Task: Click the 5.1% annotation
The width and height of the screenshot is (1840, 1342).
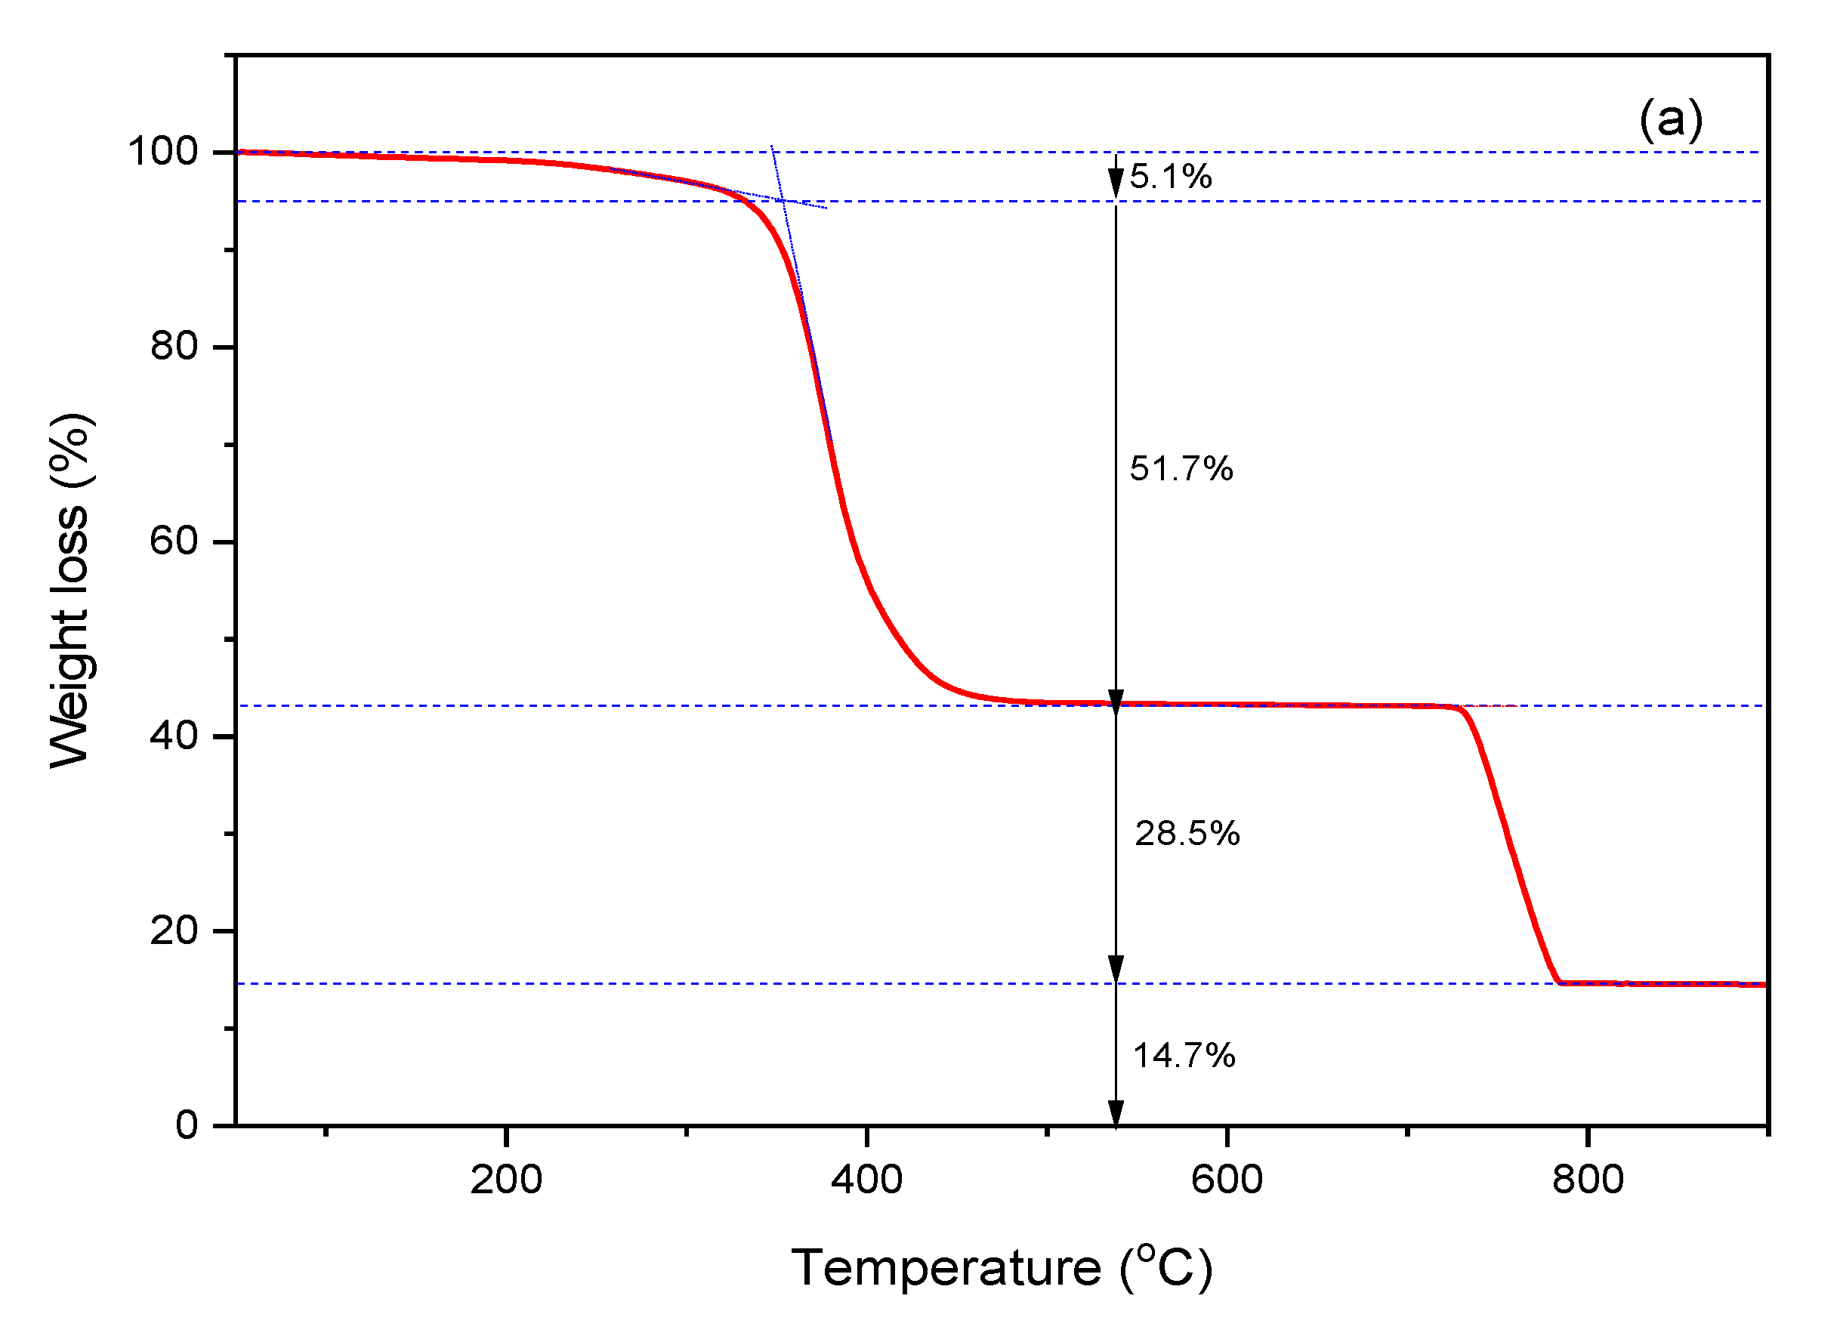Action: pyautogui.click(x=1170, y=177)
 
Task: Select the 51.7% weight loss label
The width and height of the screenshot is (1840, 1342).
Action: pyautogui.click(x=1181, y=470)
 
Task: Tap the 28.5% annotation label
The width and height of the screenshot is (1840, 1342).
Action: pyautogui.click(x=1186, y=835)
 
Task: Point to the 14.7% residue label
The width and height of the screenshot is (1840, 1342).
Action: pyautogui.click(x=1183, y=1056)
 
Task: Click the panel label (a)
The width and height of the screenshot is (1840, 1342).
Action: pyautogui.click(x=1670, y=120)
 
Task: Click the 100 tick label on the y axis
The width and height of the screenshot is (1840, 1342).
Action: pyautogui.click(x=162, y=152)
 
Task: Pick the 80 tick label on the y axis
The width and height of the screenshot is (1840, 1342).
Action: pyautogui.click(x=174, y=347)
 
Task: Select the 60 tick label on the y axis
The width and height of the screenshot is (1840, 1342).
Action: pyautogui.click(x=174, y=541)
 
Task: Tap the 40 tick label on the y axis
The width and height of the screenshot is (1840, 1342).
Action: pyautogui.click(x=174, y=737)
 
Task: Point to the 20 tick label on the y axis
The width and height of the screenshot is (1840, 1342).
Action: pyautogui.click(x=174, y=931)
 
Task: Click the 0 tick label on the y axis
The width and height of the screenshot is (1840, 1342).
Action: pyautogui.click(x=187, y=1126)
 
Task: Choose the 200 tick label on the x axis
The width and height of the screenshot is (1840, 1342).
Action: pyautogui.click(x=506, y=1180)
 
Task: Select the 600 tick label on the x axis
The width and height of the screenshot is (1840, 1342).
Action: pyautogui.click(x=1227, y=1180)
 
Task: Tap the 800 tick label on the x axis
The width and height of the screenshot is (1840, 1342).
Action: pyautogui.click(x=1588, y=1180)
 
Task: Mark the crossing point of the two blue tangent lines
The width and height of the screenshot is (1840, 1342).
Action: pyautogui.click(x=782, y=200)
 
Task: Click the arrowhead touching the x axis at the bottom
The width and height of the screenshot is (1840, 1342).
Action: pyautogui.click(x=1116, y=1115)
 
